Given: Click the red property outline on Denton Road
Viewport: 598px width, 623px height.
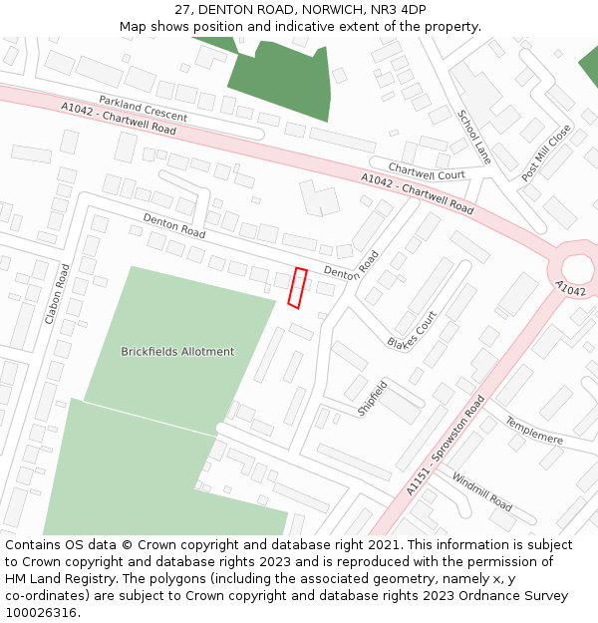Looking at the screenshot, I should point(297,287).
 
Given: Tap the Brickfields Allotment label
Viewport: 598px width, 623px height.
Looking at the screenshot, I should point(177,351).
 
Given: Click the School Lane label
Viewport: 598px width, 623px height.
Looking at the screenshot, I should point(474,137).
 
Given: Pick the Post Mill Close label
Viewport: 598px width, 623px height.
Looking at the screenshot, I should point(546,153).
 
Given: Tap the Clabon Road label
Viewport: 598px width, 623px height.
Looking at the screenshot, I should point(57,294).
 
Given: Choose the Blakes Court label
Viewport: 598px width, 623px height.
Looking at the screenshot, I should point(413,330).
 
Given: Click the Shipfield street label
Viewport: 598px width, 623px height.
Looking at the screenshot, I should point(372,398).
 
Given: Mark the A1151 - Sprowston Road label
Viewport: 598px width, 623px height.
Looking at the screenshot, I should point(445,446).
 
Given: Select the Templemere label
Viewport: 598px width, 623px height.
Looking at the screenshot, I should point(534,431).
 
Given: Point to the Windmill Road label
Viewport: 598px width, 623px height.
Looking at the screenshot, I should point(482,492).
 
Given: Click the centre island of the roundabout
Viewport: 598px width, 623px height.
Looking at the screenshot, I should point(578,268).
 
